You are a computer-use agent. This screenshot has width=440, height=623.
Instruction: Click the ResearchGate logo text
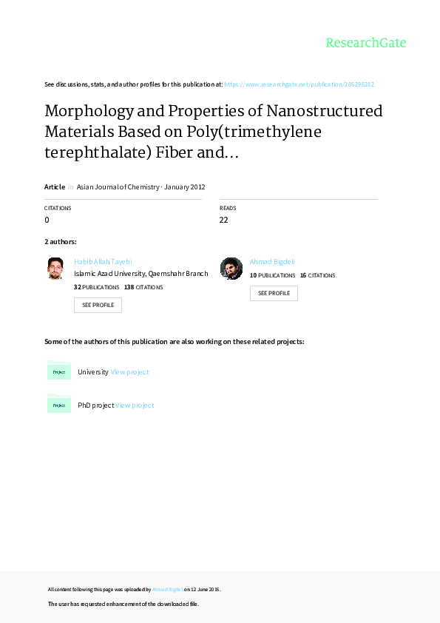tap(366, 43)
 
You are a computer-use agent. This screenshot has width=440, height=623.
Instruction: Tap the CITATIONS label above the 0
tap(58, 209)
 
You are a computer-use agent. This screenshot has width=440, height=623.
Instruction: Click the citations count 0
tap(47, 220)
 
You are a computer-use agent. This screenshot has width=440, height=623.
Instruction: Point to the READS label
tap(228, 209)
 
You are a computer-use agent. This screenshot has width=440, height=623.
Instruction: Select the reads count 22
tap(224, 220)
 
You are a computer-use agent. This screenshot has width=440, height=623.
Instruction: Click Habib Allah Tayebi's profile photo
tap(55, 268)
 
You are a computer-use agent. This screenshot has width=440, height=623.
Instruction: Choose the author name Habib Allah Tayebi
tap(104, 262)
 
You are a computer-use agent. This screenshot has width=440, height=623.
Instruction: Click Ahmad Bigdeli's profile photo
tap(231, 268)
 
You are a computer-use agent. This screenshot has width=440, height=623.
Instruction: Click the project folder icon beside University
tap(59, 371)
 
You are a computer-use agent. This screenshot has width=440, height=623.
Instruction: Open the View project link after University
tap(129, 372)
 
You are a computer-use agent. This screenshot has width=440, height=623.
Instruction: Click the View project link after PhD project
tap(135, 405)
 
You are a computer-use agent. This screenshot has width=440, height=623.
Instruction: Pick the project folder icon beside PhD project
tap(59, 404)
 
